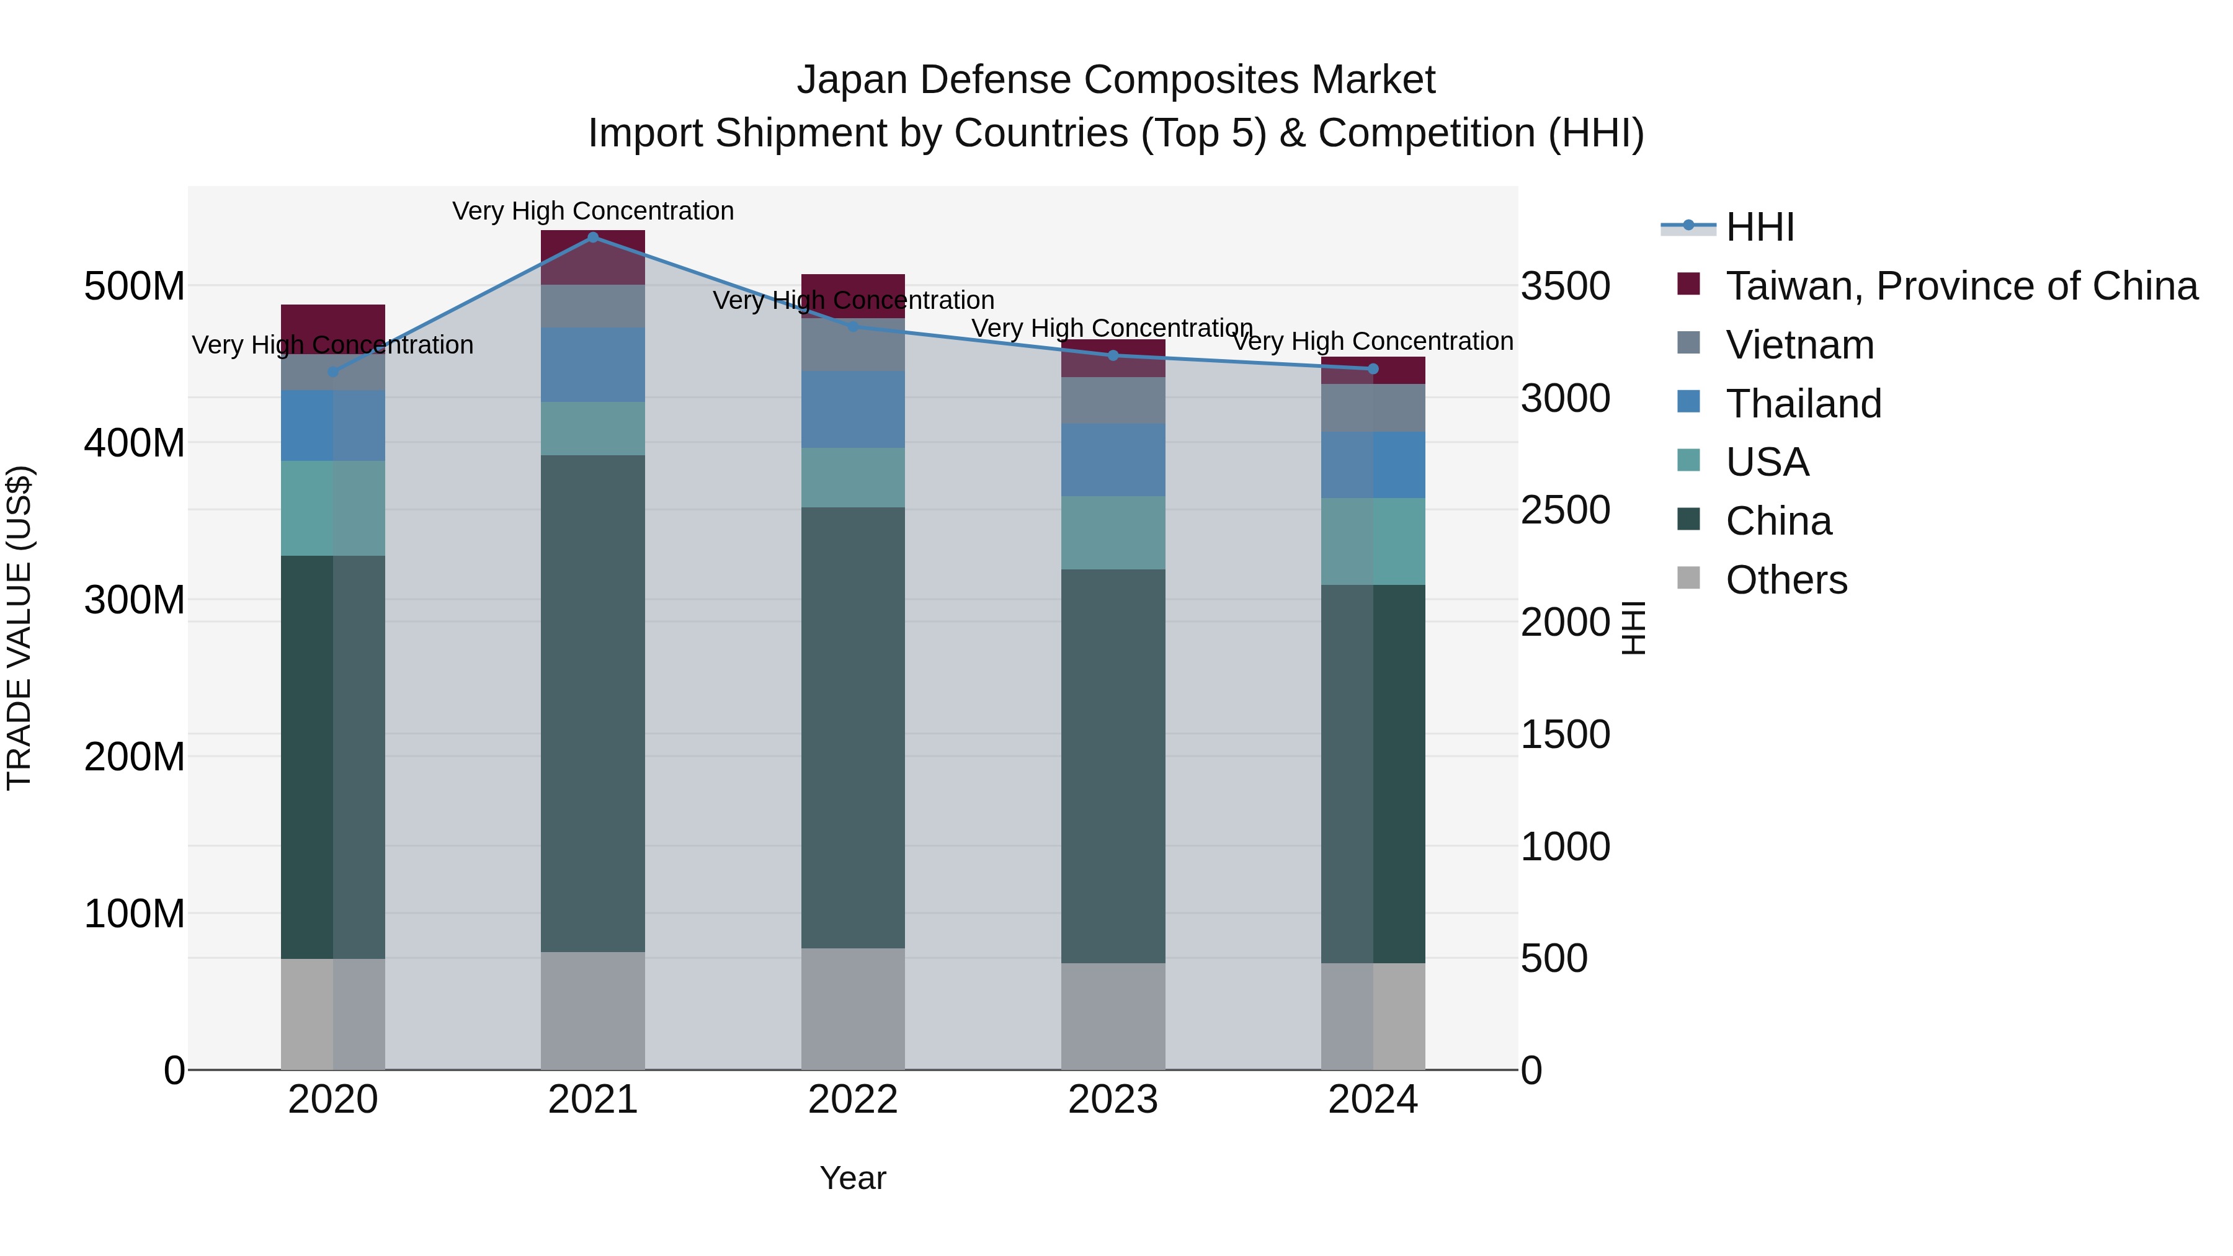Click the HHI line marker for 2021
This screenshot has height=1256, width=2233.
point(593,237)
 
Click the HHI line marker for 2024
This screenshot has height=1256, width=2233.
point(1373,369)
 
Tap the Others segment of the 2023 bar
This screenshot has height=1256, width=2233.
point(1113,1016)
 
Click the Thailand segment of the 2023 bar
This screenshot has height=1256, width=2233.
point(1113,460)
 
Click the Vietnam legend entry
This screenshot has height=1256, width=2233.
point(1799,345)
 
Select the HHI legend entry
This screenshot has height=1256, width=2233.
point(1759,227)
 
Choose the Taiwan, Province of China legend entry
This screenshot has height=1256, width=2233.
point(1961,286)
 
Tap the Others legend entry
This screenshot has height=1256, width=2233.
point(1786,580)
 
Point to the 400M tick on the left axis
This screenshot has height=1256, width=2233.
point(135,443)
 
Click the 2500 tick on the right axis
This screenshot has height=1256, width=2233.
point(1566,510)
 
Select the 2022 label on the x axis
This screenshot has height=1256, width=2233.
point(853,1100)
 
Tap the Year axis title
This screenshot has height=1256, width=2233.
point(853,1178)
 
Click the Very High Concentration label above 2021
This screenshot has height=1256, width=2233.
point(593,211)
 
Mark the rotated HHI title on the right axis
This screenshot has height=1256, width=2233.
point(1633,628)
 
